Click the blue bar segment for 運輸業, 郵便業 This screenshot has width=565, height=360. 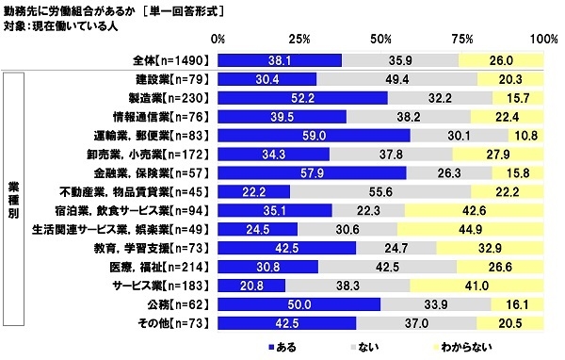314,135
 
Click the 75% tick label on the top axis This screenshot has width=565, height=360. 462,40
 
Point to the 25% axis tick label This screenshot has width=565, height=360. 299,40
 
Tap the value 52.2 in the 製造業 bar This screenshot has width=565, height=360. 302,97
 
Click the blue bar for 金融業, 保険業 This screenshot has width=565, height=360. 312,172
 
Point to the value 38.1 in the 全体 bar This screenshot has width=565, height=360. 280,59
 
